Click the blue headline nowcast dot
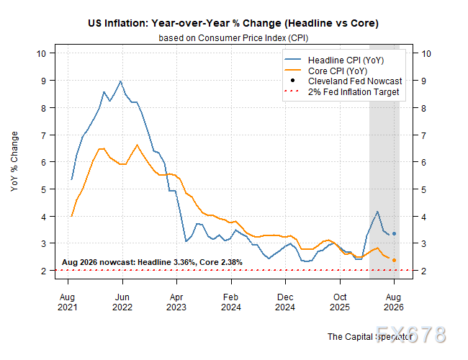pyautogui.click(x=394, y=234)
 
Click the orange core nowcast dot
pyautogui.click(x=394, y=261)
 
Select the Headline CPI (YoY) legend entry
pyautogui.click(x=334, y=60)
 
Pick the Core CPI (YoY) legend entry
pyautogui.click(x=326, y=71)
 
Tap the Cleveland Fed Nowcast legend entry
pyautogui.click(x=346, y=81)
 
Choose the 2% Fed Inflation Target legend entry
pyautogui.click(x=342, y=92)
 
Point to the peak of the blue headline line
pyautogui.click(x=120, y=81)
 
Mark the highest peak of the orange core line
pyautogui.click(x=138, y=145)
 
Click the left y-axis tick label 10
pyautogui.click(x=41, y=54)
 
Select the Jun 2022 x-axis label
pyautogui.click(x=122, y=302)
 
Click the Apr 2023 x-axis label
pyautogui.click(x=176, y=302)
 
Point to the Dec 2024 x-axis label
pyautogui.click(x=285, y=302)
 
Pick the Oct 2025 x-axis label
pyautogui.click(x=340, y=302)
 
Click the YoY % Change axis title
pyautogui.click(x=14, y=161)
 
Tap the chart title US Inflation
pyautogui.click(x=233, y=23)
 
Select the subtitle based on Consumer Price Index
pyautogui.click(x=233, y=38)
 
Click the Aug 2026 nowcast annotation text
pyautogui.click(x=152, y=262)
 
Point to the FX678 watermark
pyautogui.click(x=411, y=334)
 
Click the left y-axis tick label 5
pyautogui.click(x=44, y=189)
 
